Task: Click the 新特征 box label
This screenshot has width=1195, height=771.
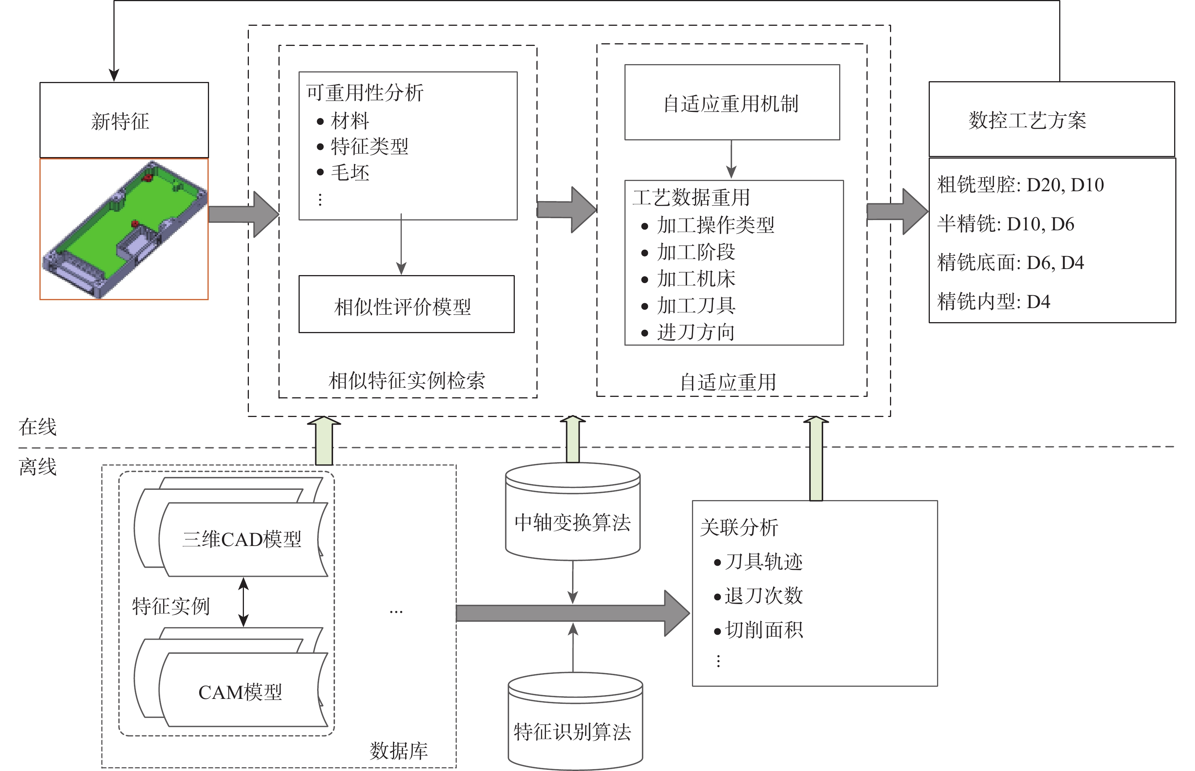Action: tap(120, 121)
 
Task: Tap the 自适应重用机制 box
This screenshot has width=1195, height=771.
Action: tap(732, 102)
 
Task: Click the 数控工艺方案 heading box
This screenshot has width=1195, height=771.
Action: tap(1051, 120)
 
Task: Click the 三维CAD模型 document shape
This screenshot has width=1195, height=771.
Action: tap(242, 539)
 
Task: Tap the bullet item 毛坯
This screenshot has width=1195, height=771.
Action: tap(350, 173)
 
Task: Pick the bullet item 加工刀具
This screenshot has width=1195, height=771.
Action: tap(696, 305)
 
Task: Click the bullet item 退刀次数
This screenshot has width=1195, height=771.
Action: tap(763, 595)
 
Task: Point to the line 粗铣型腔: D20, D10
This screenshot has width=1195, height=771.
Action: tap(1020, 185)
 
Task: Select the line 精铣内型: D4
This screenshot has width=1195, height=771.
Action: tap(993, 301)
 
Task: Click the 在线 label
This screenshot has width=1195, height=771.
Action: tap(38, 426)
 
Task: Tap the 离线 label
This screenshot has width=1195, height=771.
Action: tap(38, 467)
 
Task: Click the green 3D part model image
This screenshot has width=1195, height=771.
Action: tap(124, 229)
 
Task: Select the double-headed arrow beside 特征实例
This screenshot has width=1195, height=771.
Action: tap(244, 602)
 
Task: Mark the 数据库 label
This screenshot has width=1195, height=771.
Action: tap(399, 751)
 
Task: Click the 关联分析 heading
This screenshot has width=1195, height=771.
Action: tap(739, 527)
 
